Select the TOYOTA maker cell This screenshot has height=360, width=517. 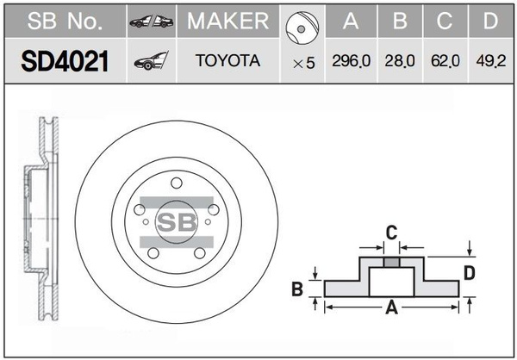pos(227,61)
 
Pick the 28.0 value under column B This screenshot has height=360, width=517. pos(399,63)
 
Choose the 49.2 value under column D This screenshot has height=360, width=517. pos(489,63)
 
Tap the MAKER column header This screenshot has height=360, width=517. pos(227,21)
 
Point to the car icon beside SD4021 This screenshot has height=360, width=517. pos(152,61)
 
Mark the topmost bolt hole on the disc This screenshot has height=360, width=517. pos(176,183)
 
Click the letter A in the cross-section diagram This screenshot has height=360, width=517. pos(390,305)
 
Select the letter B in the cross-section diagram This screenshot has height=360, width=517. pos(297,289)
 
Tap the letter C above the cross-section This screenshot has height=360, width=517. pos(390,232)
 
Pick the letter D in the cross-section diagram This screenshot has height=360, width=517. pos(469,273)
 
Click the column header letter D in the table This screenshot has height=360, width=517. pos(489,21)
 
